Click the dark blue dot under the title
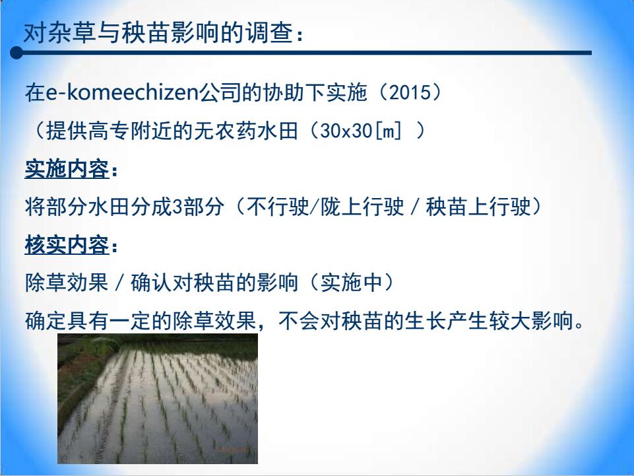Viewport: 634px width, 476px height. point(16,53)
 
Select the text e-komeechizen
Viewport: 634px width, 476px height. point(121,92)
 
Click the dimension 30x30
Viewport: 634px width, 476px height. point(346,131)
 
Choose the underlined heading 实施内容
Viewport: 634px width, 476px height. point(67,169)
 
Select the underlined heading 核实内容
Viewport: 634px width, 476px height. point(67,245)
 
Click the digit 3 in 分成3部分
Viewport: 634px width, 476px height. point(177,207)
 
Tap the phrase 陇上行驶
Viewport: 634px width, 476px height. point(362,207)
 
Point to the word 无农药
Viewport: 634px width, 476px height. point(225,131)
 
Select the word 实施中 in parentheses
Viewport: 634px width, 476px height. point(352,283)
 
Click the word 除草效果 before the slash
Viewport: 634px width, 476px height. point(67,283)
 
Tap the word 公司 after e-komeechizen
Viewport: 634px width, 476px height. point(218,92)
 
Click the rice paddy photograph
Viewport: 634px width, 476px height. point(158,399)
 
